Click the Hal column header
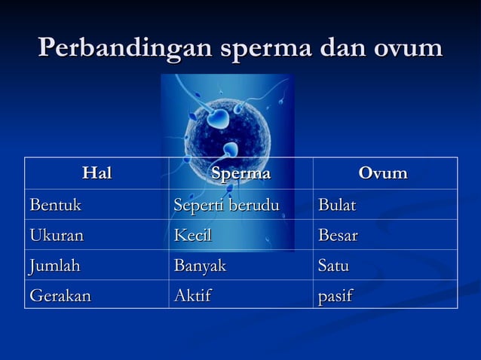97,174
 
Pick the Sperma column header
240,174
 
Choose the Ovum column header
383,174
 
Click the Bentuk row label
55,205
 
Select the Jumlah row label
54,265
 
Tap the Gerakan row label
60,295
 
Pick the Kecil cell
193,235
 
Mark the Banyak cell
200,265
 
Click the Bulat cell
337,205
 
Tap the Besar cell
338,235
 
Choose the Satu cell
333,265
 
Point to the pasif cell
335,295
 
